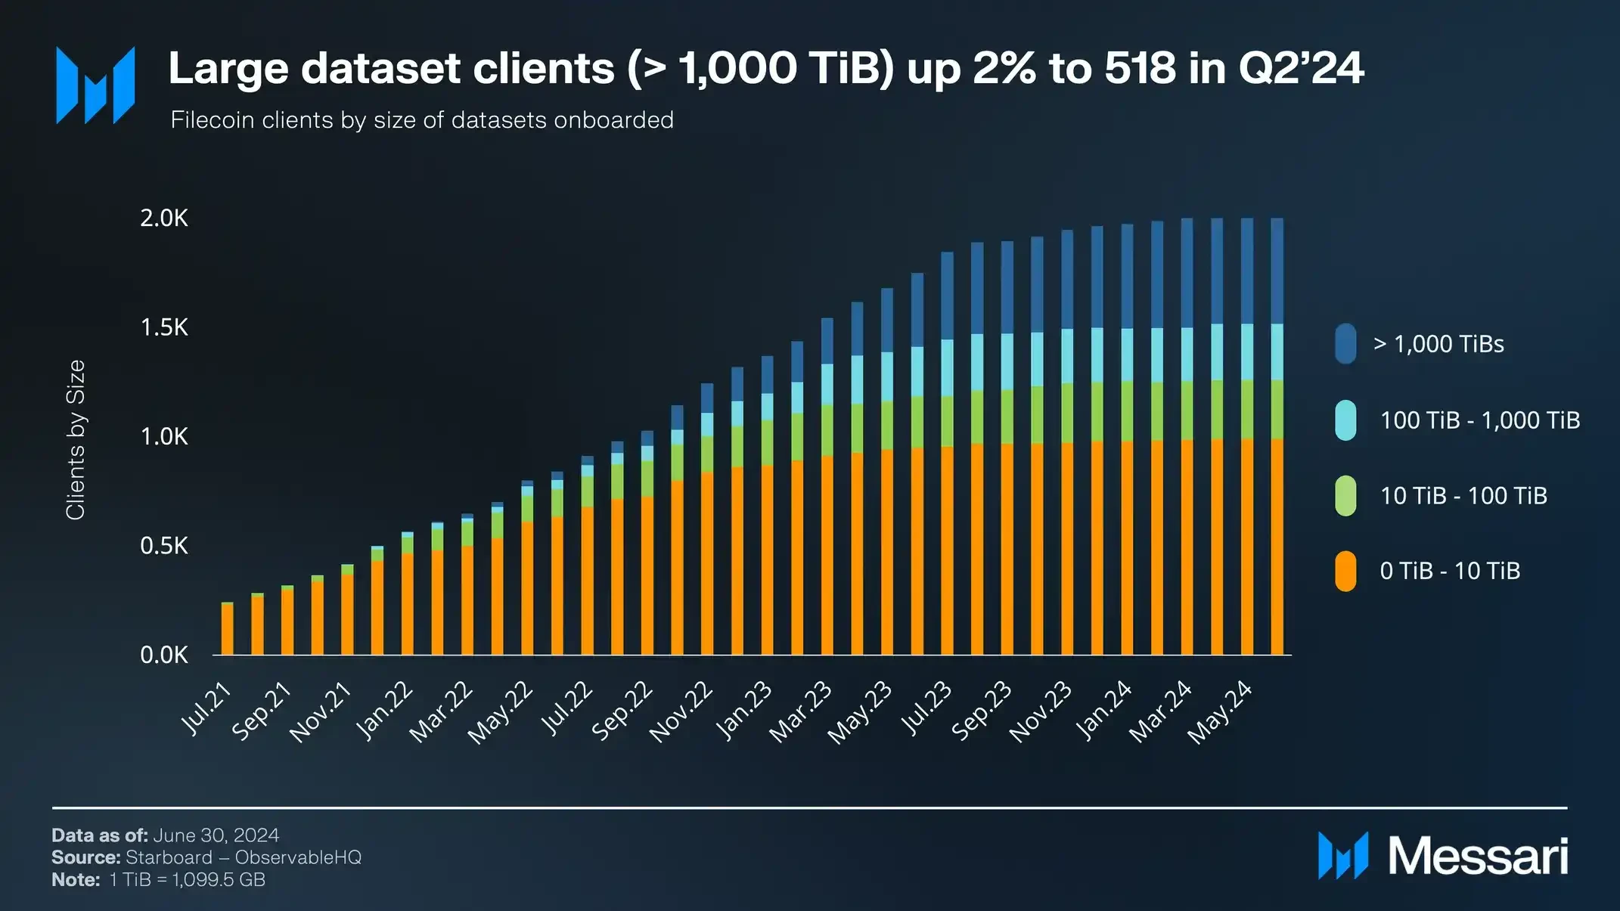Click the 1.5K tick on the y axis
[x=164, y=327]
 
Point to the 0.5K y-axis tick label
[x=164, y=546]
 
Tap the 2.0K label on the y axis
[x=164, y=218]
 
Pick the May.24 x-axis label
[x=1220, y=712]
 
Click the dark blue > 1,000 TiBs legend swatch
[x=1345, y=344]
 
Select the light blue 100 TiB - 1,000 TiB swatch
[x=1345, y=420]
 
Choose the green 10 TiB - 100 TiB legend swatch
[x=1345, y=496]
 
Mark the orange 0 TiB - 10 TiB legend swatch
[x=1345, y=571]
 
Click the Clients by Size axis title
[x=76, y=439]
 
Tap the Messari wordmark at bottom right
[x=1478, y=857]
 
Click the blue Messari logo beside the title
[x=95, y=85]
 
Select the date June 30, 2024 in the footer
[x=216, y=835]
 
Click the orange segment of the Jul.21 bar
[x=228, y=629]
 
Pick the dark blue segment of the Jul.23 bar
[x=947, y=296]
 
